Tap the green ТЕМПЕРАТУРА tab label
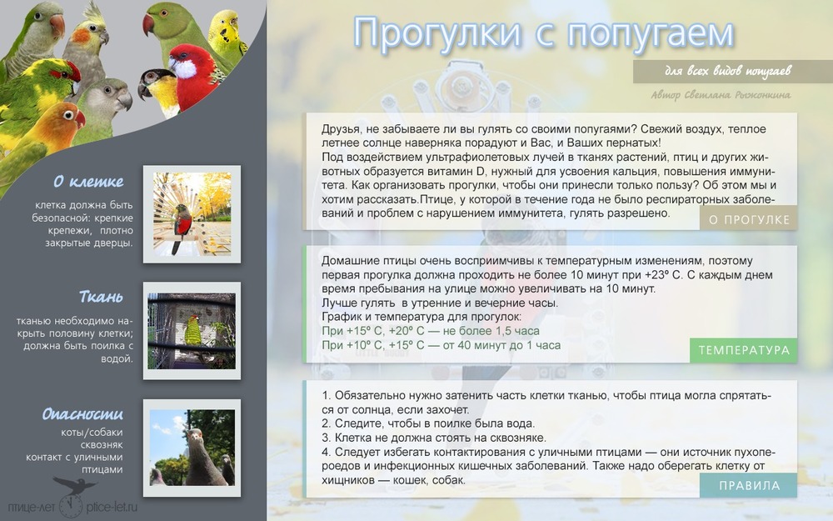click(x=744, y=350)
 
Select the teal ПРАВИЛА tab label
click(x=749, y=485)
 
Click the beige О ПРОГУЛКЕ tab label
click(x=749, y=219)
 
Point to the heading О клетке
click(x=88, y=182)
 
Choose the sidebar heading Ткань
click(x=101, y=296)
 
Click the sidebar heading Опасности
click(x=82, y=413)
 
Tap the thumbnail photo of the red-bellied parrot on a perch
click(x=192, y=214)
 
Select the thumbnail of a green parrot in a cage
click(x=192, y=331)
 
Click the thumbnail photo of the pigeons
click(x=192, y=448)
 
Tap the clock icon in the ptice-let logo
click(x=70, y=506)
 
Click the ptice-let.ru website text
click(x=112, y=507)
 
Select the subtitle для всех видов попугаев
click(x=728, y=71)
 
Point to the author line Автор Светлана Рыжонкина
click(x=721, y=95)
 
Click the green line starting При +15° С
click(x=431, y=331)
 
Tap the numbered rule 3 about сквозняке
click(x=433, y=438)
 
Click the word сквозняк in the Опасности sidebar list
click(x=102, y=445)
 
